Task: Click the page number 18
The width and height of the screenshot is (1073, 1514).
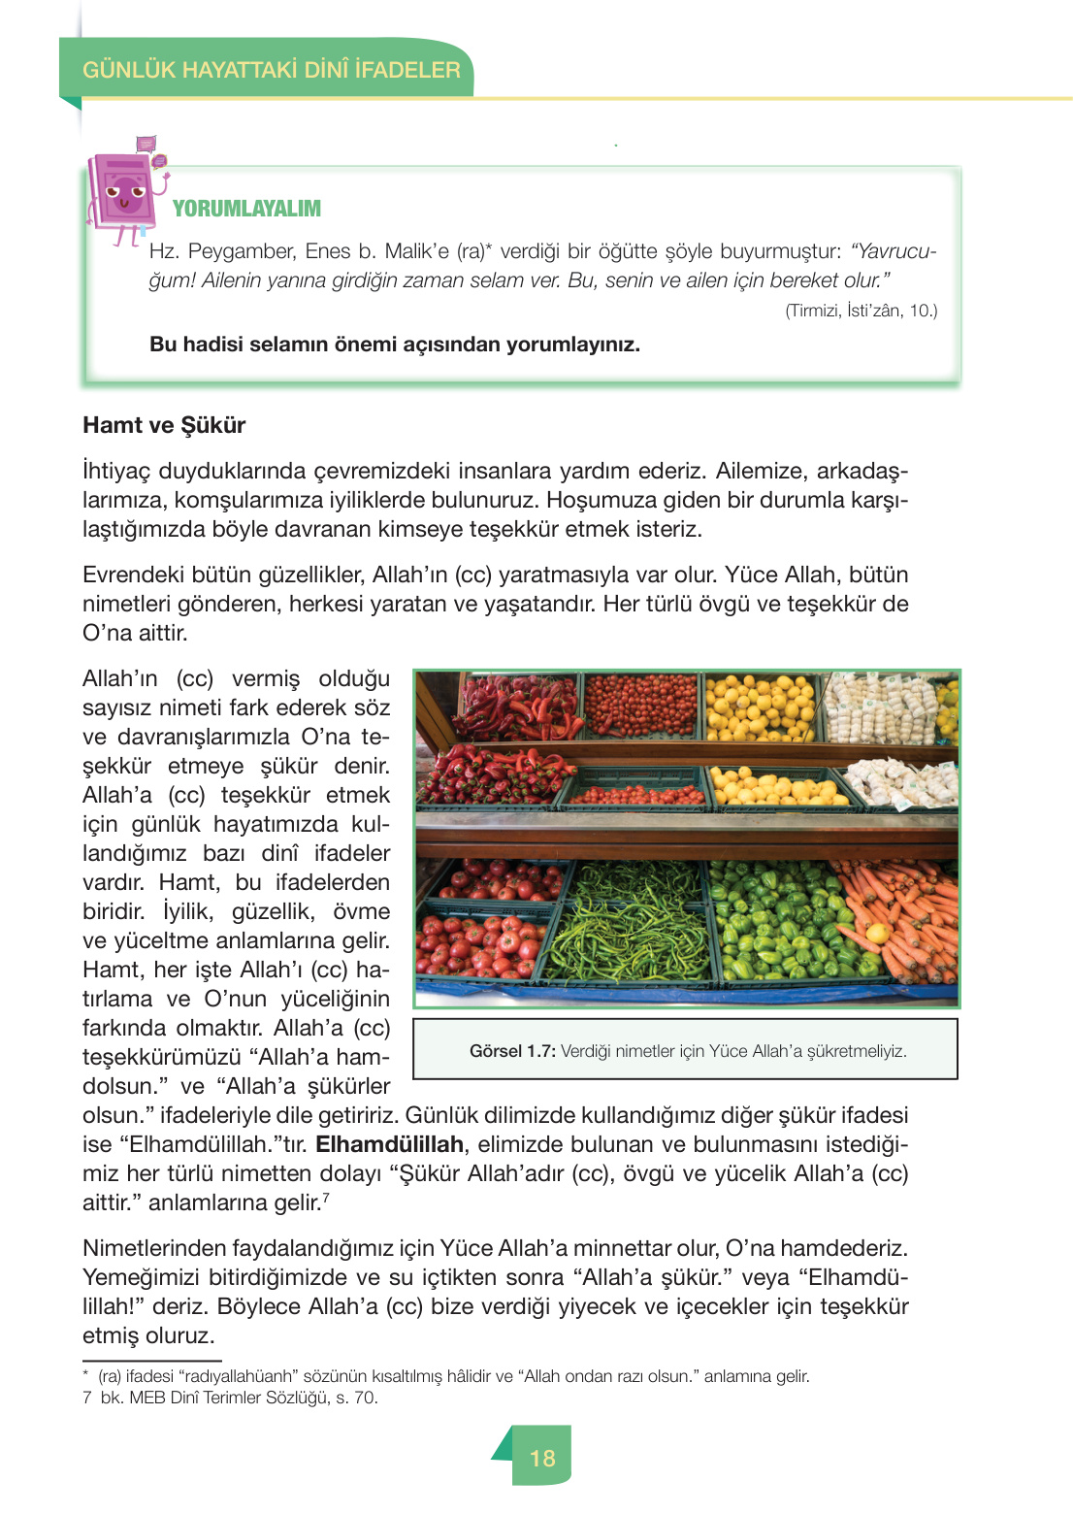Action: tap(542, 1458)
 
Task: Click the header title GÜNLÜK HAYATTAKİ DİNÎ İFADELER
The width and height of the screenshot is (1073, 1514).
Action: tap(271, 70)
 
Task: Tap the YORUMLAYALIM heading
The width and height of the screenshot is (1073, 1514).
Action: tap(246, 209)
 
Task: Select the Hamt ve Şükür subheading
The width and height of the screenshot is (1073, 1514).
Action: tap(164, 425)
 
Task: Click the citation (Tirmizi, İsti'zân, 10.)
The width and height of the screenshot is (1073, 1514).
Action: tap(861, 311)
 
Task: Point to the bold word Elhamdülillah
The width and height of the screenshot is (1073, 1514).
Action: tap(389, 1144)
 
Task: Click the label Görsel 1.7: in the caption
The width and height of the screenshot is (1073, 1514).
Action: tap(512, 1051)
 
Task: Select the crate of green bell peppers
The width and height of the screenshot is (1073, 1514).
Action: tap(776, 922)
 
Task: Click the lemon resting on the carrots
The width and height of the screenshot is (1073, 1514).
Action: tap(877, 934)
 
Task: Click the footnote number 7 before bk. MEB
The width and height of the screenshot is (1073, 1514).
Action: tap(87, 1398)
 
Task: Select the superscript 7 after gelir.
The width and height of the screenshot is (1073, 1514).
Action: tap(326, 1198)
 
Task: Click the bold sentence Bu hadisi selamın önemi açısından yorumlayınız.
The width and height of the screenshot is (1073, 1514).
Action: tap(395, 345)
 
